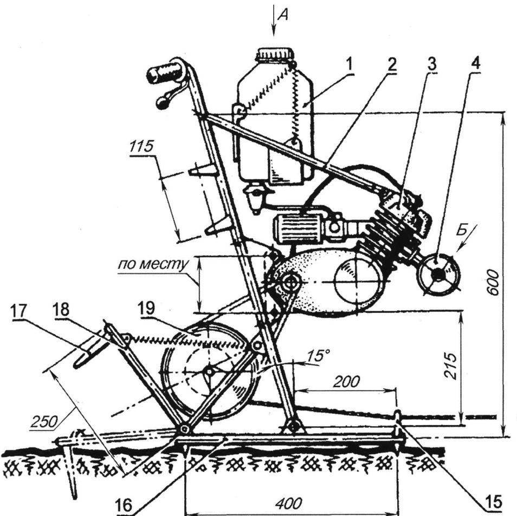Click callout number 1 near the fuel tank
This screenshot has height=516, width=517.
349,64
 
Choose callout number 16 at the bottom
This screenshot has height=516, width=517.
124,506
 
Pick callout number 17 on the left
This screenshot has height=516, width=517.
19,310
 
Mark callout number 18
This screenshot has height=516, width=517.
61,309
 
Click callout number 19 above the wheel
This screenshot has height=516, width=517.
146,308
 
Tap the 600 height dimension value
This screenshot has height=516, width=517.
493,283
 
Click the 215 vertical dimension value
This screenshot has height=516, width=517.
450,365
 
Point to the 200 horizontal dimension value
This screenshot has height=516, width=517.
346,382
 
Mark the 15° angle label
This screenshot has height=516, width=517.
319,356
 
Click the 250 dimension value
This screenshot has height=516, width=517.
44,421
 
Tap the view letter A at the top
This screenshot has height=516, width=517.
283,15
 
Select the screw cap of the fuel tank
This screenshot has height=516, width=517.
276,54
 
